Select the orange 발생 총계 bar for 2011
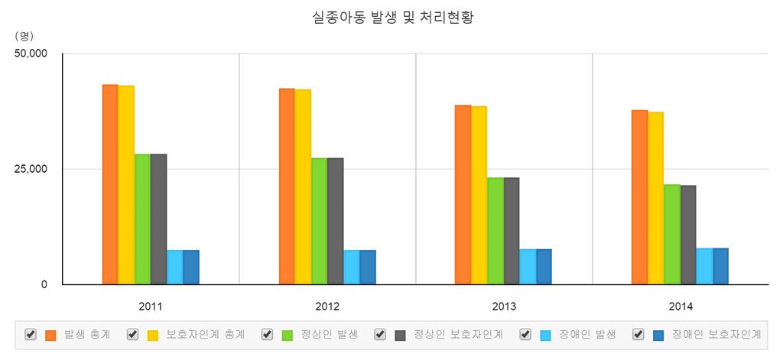click(x=110, y=184)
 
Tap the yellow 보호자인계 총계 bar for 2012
click(x=303, y=186)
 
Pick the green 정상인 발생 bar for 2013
click(x=495, y=230)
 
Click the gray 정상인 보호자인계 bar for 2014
click(x=688, y=234)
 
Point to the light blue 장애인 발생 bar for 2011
click(x=174, y=267)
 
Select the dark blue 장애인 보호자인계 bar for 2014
click(x=720, y=266)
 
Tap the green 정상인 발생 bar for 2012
click(x=319, y=221)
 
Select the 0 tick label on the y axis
click(x=44, y=284)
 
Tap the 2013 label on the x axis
click(x=504, y=306)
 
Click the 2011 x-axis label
click(x=151, y=306)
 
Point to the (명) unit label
click(x=24, y=35)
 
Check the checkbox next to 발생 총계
click(x=31, y=334)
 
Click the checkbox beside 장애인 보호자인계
click(x=638, y=334)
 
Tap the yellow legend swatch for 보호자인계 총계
click(x=153, y=335)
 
